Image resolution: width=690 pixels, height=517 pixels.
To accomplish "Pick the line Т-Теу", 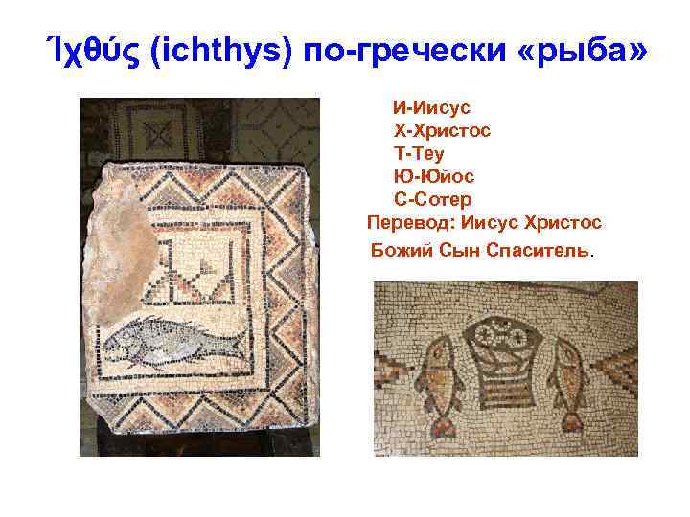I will (419, 152).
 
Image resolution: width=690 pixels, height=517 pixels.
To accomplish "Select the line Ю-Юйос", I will (434, 176).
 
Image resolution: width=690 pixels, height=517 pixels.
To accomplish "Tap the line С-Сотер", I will (433, 200).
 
